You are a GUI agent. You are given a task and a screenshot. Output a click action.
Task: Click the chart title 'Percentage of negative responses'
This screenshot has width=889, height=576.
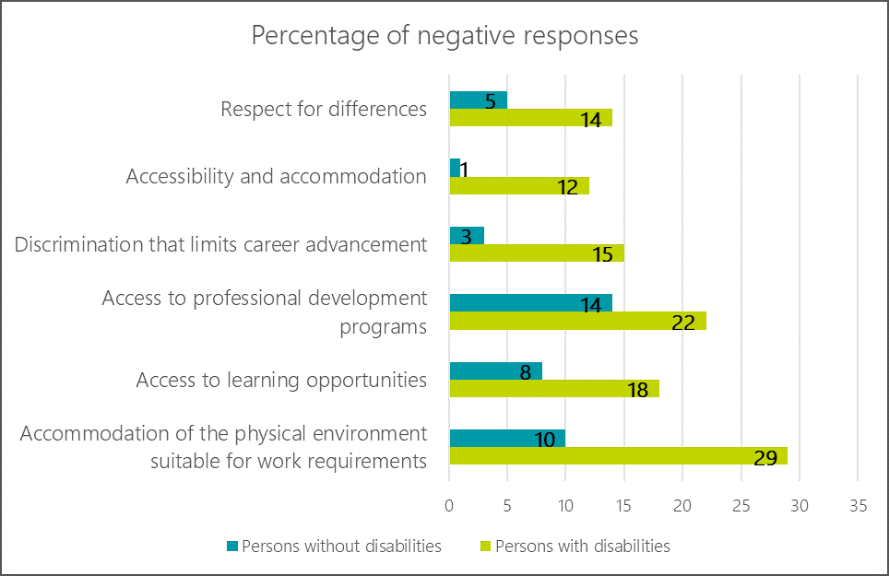point(444,36)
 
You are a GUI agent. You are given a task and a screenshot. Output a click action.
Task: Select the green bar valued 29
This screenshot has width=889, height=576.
point(618,456)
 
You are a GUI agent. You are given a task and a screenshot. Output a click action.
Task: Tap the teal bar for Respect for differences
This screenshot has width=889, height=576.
point(478,100)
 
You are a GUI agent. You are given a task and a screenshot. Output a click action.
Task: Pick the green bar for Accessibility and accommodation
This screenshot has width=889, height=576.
point(518,185)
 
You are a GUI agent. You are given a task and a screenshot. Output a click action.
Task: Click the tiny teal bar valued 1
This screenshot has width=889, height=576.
point(455,168)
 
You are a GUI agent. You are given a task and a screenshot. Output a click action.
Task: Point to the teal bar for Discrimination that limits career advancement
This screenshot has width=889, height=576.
point(466,235)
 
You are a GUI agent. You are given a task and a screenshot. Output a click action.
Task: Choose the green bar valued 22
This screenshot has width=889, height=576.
point(577,321)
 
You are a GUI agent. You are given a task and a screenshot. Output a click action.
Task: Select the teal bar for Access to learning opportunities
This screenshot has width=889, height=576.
point(495,370)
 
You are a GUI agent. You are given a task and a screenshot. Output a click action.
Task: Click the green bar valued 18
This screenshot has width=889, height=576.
point(553,388)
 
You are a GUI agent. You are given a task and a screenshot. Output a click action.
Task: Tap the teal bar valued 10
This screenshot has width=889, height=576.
point(506,438)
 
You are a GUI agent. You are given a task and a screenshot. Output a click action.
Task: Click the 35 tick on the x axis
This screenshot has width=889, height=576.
point(858,505)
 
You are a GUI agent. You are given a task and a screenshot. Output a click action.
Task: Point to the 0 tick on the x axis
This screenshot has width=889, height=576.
point(449,505)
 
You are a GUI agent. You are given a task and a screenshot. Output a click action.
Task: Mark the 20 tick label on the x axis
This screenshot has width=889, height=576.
point(682,505)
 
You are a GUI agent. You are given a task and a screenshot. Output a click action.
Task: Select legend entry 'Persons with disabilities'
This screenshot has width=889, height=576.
point(582,546)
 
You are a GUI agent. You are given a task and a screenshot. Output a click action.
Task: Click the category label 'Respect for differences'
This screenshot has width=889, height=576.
point(324,110)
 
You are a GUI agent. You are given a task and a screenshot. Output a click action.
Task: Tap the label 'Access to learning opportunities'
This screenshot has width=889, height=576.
point(281,380)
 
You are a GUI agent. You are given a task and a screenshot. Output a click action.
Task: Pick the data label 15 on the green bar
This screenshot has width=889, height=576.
point(603,254)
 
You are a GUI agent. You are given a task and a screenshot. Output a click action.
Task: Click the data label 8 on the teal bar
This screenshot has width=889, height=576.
point(524,372)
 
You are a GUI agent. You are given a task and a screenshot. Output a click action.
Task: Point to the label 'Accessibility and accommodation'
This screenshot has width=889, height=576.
point(277,177)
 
